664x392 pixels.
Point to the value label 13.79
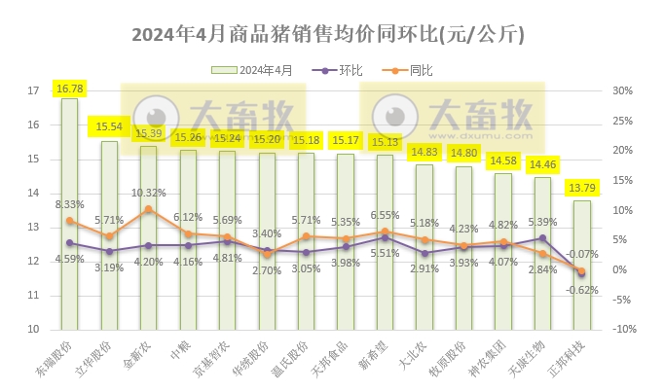pyautogui.click(x=581, y=187)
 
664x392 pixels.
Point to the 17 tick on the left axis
pyautogui.click(x=32, y=91)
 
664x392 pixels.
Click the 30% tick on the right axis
pyautogui.click(x=622, y=91)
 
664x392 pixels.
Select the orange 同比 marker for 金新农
pyautogui.click(x=148, y=209)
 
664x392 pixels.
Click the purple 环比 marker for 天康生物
pyautogui.click(x=542, y=238)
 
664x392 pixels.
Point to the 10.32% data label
pyautogui.click(x=148, y=193)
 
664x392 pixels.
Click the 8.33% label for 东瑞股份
pyautogui.click(x=69, y=205)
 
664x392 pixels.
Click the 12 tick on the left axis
pyautogui.click(x=32, y=261)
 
